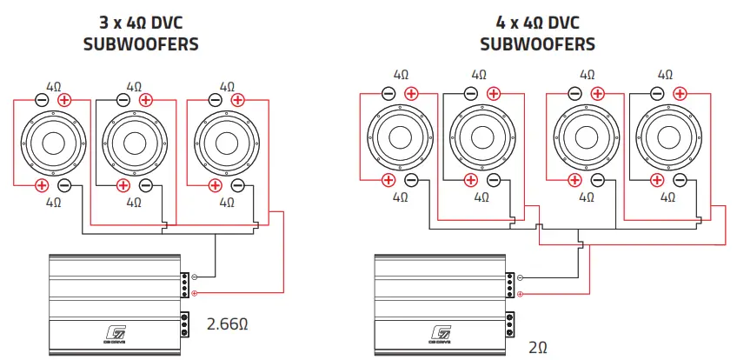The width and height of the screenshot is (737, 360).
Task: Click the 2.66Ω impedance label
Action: click(x=228, y=325)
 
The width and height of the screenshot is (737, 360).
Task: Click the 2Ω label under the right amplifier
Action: click(x=540, y=346)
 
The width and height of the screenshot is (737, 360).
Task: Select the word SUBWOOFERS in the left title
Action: click(x=140, y=43)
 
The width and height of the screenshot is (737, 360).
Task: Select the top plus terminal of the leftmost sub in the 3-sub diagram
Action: click(x=64, y=100)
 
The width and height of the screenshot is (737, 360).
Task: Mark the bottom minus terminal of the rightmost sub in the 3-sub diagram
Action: click(x=238, y=185)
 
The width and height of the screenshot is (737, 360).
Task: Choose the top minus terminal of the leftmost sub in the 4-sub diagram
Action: click(x=388, y=93)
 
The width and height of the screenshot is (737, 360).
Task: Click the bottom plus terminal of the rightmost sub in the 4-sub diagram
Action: click(x=657, y=180)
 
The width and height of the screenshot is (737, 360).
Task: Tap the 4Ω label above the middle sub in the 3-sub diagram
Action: click(x=134, y=87)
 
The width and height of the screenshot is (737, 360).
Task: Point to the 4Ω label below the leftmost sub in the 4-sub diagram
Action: click(x=401, y=197)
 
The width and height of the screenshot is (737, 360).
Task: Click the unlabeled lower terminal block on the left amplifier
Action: click(x=185, y=324)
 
